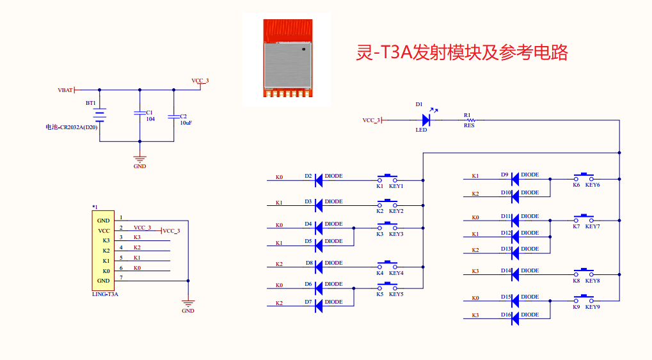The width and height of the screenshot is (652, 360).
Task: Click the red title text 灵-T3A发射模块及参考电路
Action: (461, 52)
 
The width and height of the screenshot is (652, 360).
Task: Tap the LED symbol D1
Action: (425, 120)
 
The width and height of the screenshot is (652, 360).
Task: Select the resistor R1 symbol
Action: (470, 120)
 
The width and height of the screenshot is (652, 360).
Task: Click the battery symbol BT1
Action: (100, 116)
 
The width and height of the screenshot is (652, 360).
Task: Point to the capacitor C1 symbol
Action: (139, 114)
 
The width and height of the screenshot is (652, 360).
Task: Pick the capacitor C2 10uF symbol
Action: (173, 116)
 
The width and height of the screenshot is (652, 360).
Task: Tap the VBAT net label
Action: (65, 90)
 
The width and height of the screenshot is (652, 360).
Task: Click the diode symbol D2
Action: (318, 180)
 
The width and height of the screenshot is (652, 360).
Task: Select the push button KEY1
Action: (388, 178)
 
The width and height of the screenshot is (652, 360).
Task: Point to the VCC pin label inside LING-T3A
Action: (104, 231)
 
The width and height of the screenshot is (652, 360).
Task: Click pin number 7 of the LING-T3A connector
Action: (121, 277)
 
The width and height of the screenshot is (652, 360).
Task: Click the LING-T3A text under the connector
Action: (105, 295)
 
